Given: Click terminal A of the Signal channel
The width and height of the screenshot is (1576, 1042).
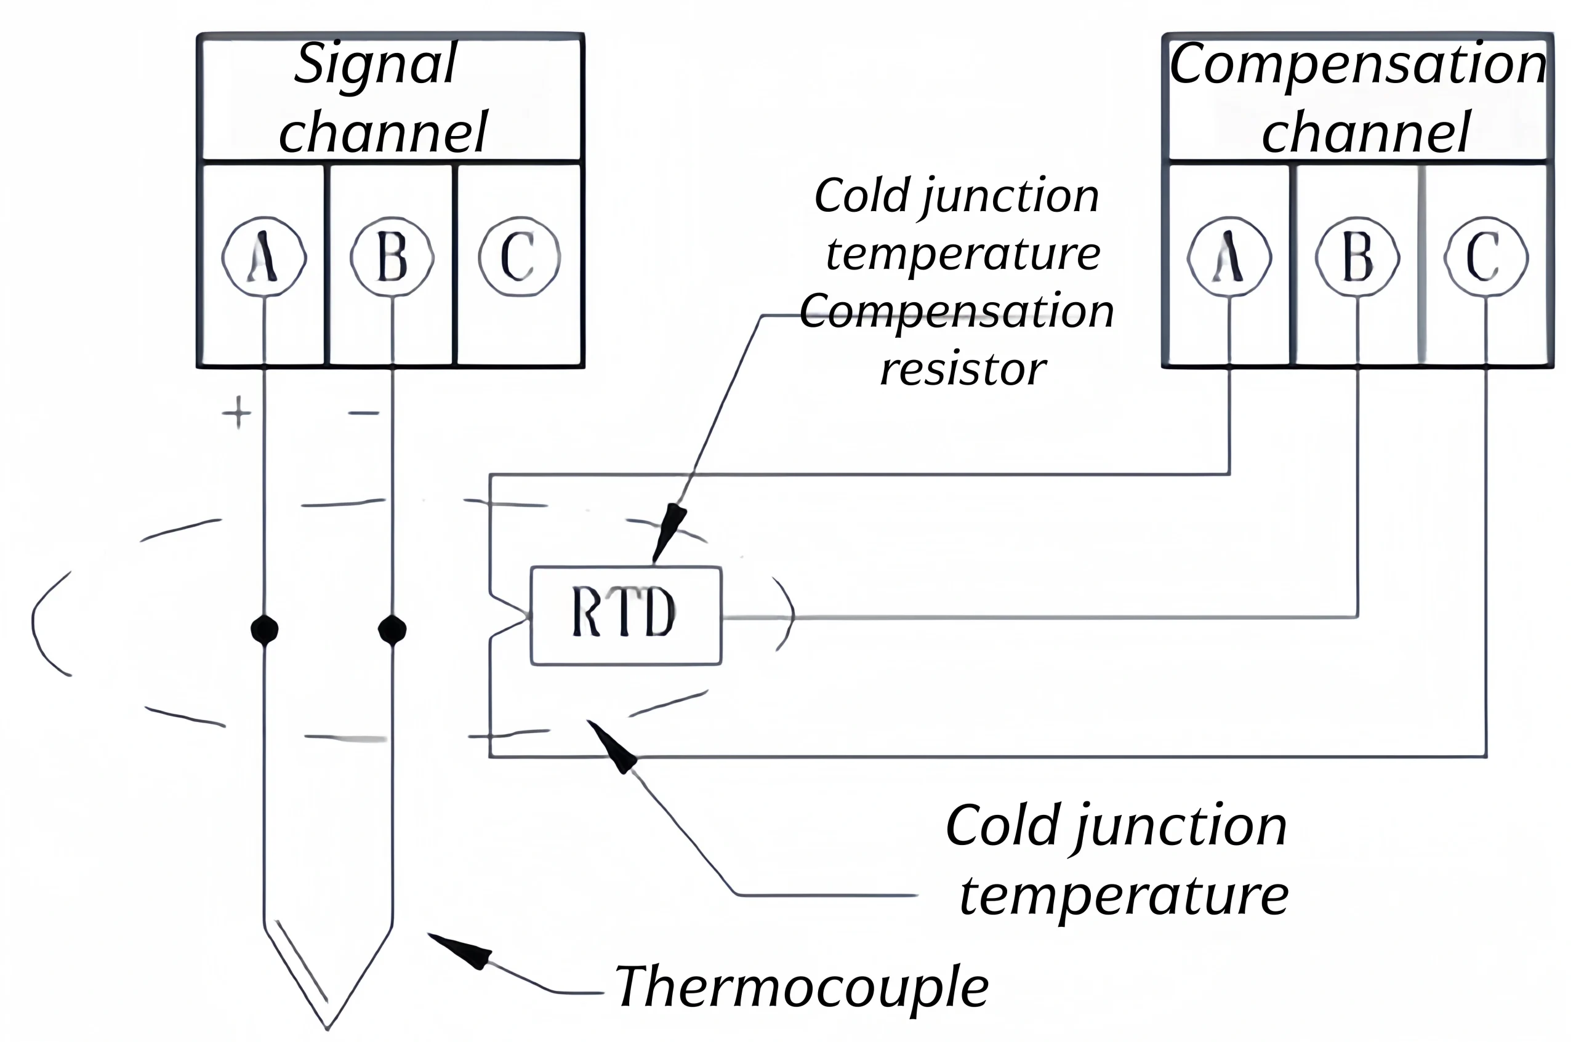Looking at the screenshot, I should click(264, 257).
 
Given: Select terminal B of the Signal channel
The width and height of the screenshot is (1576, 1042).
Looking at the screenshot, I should click(392, 257).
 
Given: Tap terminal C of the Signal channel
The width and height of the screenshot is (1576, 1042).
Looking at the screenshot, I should click(519, 257).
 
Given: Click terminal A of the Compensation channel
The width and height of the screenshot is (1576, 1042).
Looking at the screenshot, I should click(1229, 257).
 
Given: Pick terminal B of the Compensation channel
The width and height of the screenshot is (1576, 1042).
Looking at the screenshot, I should click(1357, 257).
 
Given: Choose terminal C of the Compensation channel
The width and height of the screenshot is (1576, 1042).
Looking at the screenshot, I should click(1486, 257).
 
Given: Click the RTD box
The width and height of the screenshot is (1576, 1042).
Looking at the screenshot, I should click(625, 615).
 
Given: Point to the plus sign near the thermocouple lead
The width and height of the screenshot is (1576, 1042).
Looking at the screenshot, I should click(237, 413).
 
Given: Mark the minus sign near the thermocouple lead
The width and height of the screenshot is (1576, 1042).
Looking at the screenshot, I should click(364, 413).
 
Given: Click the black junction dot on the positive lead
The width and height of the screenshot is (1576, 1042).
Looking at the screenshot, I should click(265, 628).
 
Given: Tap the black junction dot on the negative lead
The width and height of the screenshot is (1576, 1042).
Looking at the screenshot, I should click(392, 628).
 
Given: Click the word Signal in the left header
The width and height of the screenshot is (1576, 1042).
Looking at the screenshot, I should click(376, 65).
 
